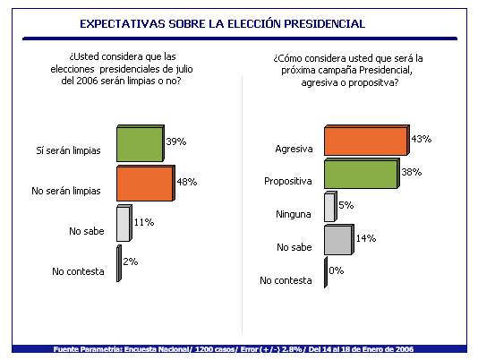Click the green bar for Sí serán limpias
[x=141, y=143]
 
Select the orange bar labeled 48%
[x=146, y=183]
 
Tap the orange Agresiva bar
[x=367, y=140]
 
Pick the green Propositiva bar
[x=362, y=174]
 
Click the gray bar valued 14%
[x=339, y=239]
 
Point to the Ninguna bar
[x=330, y=207]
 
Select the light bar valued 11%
[x=124, y=223]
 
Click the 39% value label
[x=176, y=141]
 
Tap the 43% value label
[x=422, y=139]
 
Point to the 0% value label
[x=337, y=270]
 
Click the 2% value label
[x=131, y=261]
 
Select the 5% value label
[x=346, y=205]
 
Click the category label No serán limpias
[x=66, y=191]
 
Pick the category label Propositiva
[x=288, y=181]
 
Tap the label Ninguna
[x=294, y=214]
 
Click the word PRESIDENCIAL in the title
[x=325, y=24]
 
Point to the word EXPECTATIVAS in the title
[x=123, y=24]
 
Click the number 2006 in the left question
[x=87, y=81]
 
